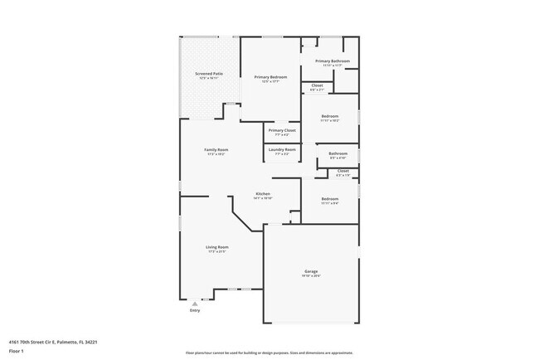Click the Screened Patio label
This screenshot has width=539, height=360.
209,74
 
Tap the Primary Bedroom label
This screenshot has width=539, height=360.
269,77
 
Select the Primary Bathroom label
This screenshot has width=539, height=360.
332,61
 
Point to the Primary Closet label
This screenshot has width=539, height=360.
282,130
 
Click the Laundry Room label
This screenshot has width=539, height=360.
282,149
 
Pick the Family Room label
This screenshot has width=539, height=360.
216,149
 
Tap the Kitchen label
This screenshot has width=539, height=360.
262,193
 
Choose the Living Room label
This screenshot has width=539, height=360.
217,246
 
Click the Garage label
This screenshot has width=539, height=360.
311,271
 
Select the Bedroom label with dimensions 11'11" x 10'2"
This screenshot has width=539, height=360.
329,116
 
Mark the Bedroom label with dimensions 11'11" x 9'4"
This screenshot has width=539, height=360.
329,198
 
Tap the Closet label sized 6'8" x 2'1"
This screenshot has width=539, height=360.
317,85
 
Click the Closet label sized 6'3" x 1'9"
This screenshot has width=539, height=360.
342,171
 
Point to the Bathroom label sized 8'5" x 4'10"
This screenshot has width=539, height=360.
337,153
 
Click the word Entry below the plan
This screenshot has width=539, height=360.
195,310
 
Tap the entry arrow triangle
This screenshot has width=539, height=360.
195,304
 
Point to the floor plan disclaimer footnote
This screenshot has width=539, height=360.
269,353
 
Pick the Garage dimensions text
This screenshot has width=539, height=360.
311,275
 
